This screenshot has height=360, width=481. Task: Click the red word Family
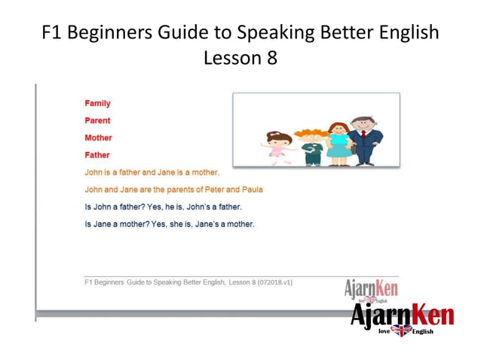(97, 103)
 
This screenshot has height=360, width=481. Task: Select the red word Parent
(97, 121)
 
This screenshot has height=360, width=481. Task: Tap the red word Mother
(98, 138)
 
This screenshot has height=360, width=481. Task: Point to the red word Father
(97, 155)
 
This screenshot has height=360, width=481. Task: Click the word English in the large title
(406, 34)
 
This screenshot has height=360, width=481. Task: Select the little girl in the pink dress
(277, 147)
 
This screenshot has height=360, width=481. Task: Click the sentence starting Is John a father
(163, 206)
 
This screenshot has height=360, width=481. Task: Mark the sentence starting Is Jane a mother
(170, 224)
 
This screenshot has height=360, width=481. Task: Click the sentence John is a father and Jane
(152, 172)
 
